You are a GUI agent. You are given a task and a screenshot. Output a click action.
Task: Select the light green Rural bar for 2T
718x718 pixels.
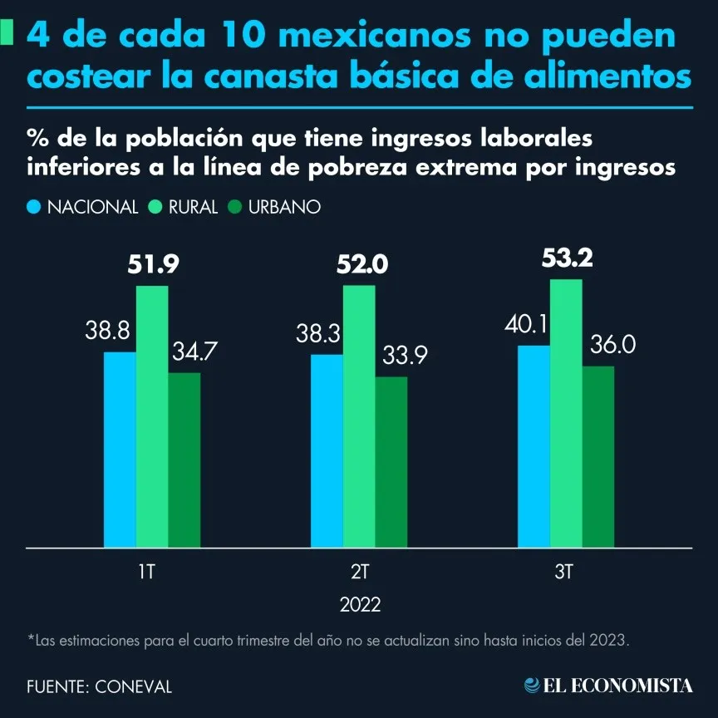[359, 416]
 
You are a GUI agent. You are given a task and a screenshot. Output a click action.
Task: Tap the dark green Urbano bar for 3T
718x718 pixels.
[598, 456]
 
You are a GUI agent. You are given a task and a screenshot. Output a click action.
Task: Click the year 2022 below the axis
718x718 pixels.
[360, 604]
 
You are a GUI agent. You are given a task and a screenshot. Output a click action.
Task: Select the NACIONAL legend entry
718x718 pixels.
[92, 207]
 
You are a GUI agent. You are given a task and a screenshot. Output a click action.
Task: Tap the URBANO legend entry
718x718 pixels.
[284, 207]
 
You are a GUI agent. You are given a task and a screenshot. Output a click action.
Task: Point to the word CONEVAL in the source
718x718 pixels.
[134, 686]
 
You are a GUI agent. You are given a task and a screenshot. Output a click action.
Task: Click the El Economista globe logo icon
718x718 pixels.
[532, 685]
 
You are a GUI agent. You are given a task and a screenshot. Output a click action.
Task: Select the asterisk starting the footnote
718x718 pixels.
[31, 639]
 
